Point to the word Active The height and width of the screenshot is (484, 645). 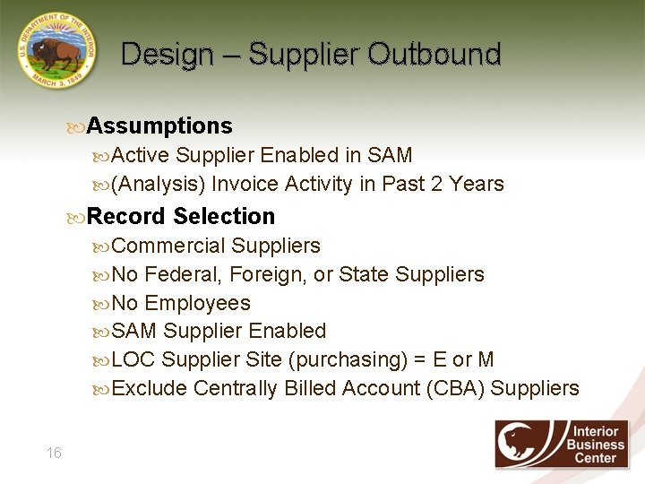click(141, 155)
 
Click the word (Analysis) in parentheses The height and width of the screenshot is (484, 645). click(159, 184)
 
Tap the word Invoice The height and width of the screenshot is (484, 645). click(245, 184)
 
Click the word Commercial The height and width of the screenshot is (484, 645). click(169, 246)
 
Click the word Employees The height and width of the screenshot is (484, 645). click(197, 303)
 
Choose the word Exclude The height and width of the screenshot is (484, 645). click(150, 388)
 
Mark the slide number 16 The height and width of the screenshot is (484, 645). click(54, 453)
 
